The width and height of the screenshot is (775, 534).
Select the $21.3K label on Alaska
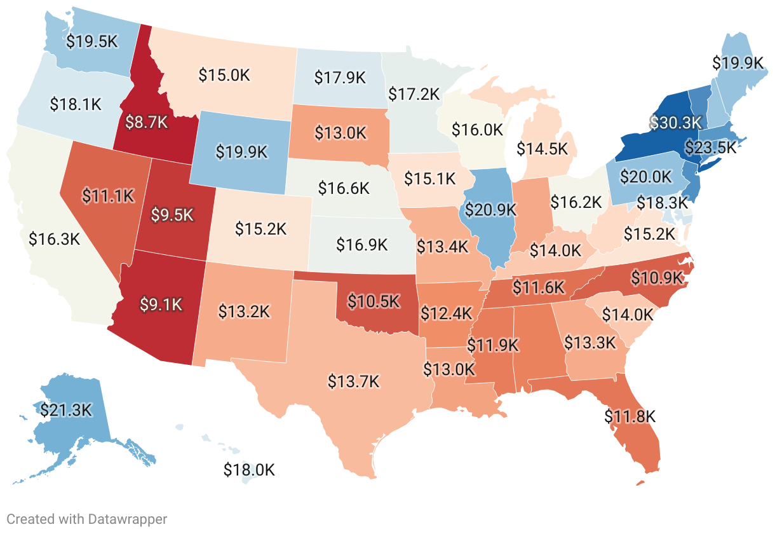click(66, 410)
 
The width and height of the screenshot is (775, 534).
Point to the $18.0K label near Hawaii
click(249, 470)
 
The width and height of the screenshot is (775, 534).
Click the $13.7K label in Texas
click(353, 381)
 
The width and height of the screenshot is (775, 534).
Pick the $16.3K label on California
click(54, 239)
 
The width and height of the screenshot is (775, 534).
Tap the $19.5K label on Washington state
click(92, 41)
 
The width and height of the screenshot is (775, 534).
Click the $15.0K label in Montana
click(224, 75)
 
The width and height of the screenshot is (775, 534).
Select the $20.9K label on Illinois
click(489, 210)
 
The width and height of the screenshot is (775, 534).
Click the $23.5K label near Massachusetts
click(710, 147)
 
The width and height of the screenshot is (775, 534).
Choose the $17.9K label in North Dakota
click(340, 78)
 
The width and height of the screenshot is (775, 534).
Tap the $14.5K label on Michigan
click(542, 149)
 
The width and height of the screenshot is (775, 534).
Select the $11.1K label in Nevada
click(109, 196)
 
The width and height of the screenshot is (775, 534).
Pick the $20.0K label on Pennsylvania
click(645, 176)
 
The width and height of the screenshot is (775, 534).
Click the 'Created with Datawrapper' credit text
click(87, 519)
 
